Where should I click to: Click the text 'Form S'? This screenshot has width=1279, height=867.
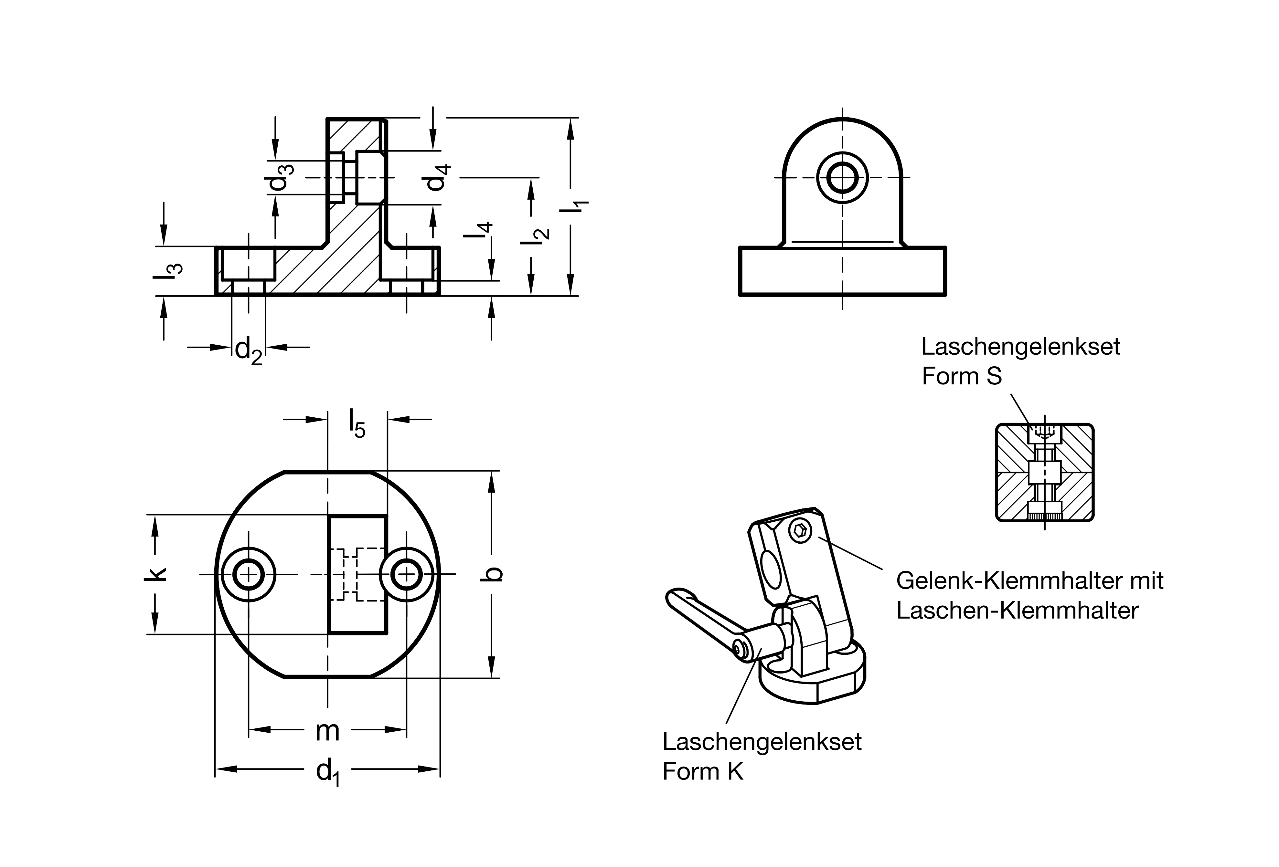coord(962,376)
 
